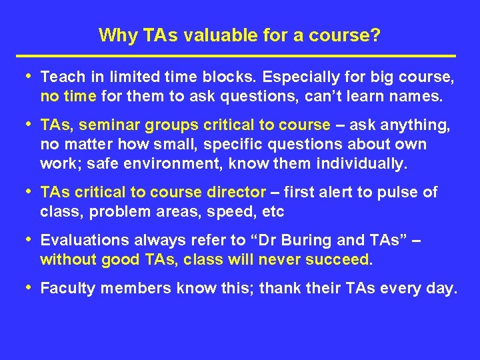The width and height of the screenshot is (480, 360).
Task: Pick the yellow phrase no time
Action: click(x=68, y=97)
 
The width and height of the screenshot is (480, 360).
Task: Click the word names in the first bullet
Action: click(x=419, y=97)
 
